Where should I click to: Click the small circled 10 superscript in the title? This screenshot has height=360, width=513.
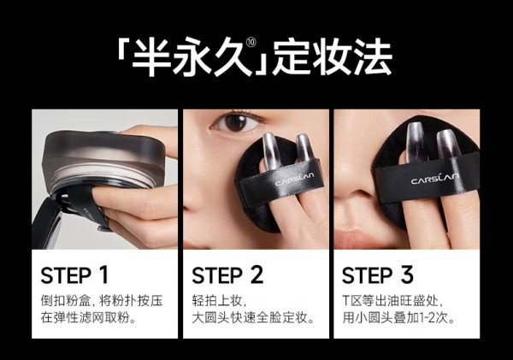(251, 43)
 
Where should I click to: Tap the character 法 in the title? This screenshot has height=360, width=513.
(372, 57)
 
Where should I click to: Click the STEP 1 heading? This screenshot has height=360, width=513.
(74, 275)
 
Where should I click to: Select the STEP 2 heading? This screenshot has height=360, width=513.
(227, 275)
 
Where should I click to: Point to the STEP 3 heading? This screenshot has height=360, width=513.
(378, 275)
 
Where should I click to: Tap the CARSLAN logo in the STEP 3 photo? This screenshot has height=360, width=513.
(435, 178)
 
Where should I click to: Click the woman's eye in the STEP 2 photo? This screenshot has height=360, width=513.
(236, 123)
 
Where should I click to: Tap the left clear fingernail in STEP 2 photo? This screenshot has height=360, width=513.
(271, 150)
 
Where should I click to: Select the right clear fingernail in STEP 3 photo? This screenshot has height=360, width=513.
(449, 144)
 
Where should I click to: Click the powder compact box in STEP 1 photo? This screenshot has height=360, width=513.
(103, 161)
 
